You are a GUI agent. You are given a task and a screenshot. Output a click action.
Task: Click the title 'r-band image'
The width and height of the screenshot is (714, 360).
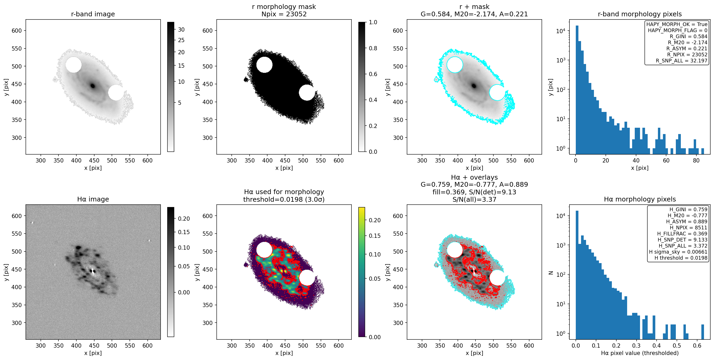(93, 14)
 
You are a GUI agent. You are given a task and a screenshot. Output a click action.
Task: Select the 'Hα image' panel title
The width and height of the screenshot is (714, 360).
(93, 199)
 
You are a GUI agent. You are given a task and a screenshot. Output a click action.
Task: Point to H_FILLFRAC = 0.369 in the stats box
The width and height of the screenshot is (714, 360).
(682, 234)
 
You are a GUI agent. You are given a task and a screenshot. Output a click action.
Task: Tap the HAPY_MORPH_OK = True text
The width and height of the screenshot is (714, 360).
(677, 24)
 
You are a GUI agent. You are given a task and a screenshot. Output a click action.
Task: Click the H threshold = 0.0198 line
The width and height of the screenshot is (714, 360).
(681, 258)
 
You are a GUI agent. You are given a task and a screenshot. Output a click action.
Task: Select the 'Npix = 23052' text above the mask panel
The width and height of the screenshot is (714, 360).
(284, 14)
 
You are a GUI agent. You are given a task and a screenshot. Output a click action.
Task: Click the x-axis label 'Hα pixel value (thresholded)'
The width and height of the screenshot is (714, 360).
(640, 353)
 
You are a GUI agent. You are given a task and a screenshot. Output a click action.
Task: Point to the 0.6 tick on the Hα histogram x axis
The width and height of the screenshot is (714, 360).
(697, 346)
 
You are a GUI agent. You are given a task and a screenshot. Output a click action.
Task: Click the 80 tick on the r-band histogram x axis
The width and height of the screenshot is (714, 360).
(696, 160)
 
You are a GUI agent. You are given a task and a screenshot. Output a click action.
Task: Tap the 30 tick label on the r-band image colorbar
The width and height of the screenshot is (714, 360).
(181, 30)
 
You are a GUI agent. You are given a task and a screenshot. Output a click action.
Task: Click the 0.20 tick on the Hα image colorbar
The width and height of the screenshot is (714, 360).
(184, 219)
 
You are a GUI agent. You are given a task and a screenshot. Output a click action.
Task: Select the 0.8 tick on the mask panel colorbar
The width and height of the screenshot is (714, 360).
(373, 48)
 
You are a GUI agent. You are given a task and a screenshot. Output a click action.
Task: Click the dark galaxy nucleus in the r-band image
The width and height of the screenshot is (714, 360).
(93, 86)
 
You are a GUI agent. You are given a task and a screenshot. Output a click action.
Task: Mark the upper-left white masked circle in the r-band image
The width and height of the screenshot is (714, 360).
(73, 65)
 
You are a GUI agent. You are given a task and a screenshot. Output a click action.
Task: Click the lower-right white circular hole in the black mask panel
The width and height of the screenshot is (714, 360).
(306, 93)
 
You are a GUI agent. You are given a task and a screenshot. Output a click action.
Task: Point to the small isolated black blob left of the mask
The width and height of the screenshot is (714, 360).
(246, 80)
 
